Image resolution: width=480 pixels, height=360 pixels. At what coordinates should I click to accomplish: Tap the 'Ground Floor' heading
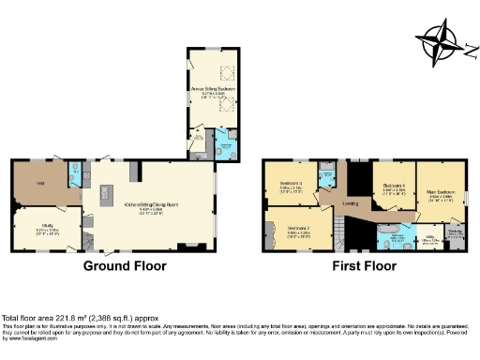(x=125, y=266)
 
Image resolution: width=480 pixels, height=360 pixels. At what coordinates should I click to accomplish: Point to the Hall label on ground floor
(x=41, y=183)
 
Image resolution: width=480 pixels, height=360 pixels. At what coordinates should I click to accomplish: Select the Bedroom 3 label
(x=290, y=184)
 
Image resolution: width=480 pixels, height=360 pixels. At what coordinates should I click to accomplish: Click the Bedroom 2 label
(x=297, y=228)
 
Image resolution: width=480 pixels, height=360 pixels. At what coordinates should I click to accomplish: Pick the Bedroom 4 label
(x=393, y=187)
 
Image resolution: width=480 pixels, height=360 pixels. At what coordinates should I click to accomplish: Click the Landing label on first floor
(x=352, y=202)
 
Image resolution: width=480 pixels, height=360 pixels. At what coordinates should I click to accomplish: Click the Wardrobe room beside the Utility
(x=455, y=234)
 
